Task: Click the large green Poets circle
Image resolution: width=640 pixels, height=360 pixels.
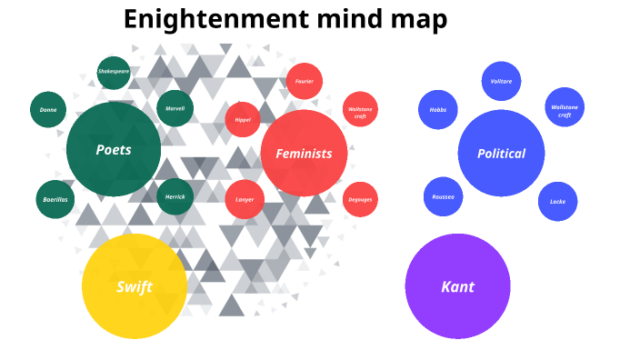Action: click(114, 150)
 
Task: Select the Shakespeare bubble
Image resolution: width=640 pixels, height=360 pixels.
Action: click(114, 72)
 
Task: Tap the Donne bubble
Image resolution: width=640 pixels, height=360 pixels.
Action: click(47, 110)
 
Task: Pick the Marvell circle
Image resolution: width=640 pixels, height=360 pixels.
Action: click(175, 108)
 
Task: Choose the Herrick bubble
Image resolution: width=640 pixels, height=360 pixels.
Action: click(175, 196)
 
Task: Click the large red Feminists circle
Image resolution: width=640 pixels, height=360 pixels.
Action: click(304, 153)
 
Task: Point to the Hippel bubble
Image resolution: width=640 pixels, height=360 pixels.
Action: click(243, 119)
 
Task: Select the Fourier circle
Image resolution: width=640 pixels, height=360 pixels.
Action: click(304, 81)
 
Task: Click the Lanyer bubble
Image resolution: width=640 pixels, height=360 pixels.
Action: click(245, 199)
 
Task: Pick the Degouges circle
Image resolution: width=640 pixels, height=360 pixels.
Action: click(360, 199)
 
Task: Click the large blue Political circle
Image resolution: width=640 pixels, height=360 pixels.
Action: click(501, 154)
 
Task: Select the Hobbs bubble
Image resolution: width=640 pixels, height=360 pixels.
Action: click(437, 110)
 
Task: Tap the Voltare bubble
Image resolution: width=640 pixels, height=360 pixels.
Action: click(501, 81)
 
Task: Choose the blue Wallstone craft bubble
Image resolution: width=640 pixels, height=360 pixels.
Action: click(565, 109)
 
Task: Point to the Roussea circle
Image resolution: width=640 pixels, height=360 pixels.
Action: click(443, 196)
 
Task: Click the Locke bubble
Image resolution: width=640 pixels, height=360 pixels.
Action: click(557, 202)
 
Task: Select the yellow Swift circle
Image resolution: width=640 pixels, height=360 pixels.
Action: click(135, 286)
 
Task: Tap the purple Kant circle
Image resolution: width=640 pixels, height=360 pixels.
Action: click(457, 286)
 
